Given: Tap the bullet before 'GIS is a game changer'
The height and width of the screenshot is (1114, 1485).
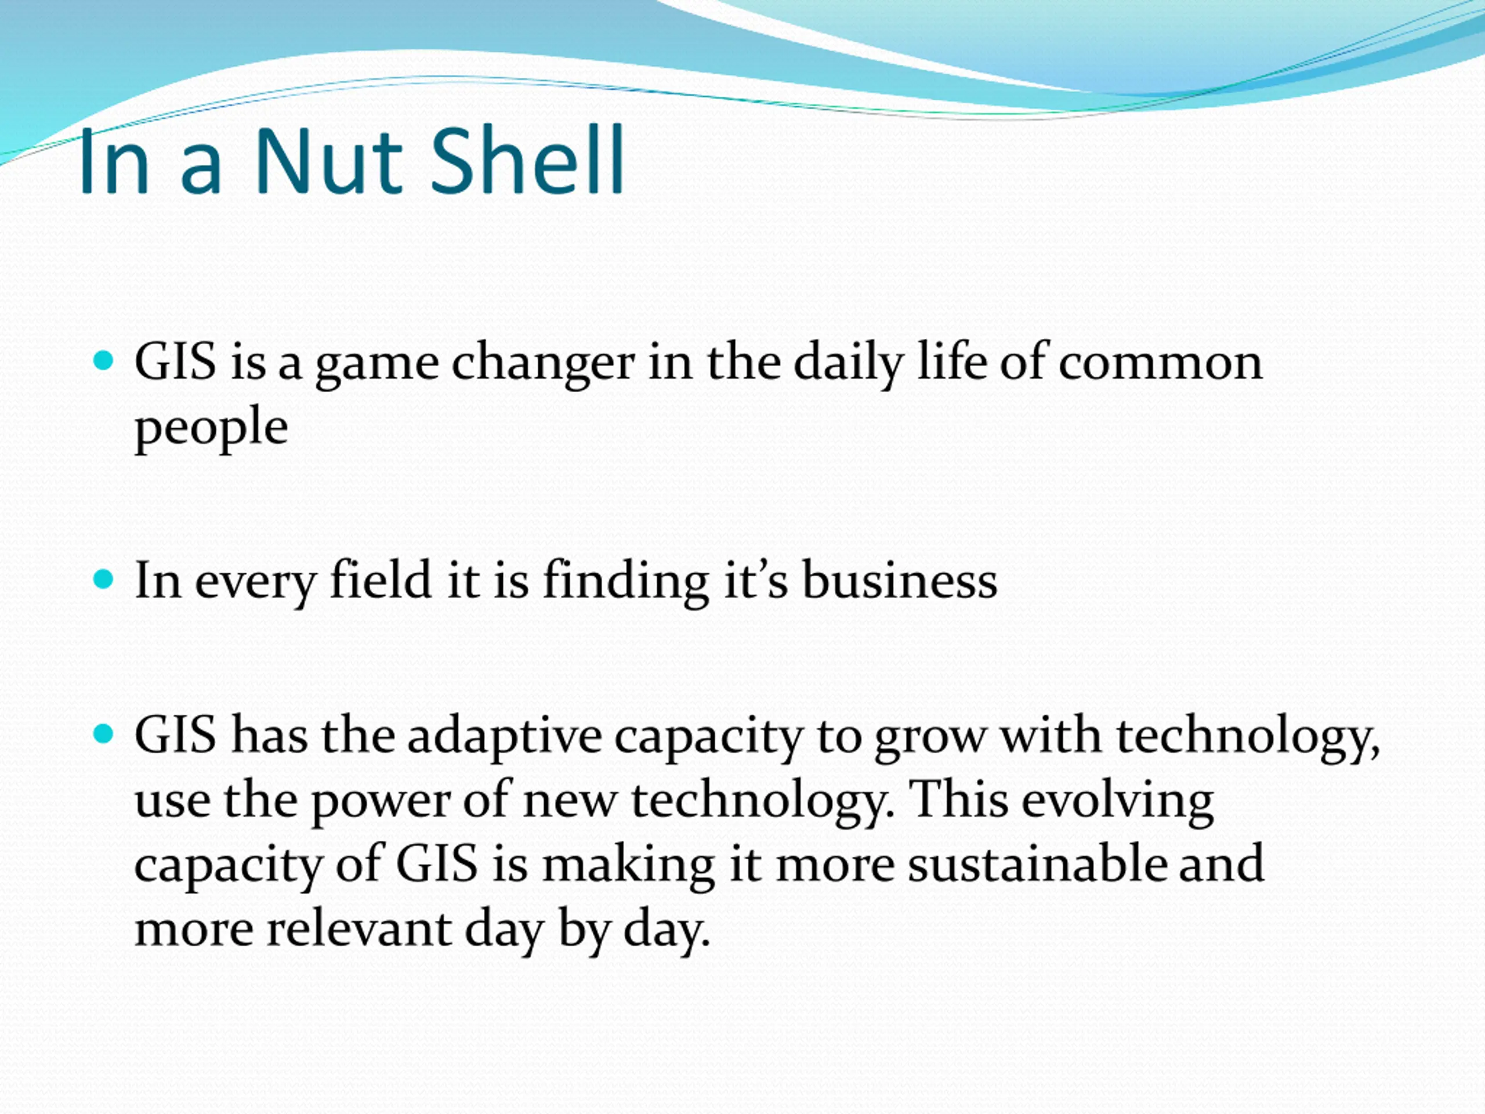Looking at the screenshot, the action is (x=103, y=360).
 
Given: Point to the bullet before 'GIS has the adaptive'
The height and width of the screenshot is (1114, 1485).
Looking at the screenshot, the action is (x=103, y=733).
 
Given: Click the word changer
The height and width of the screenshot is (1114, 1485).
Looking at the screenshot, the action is (x=542, y=364).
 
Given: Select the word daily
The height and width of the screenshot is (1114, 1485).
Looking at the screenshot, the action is (x=849, y=364).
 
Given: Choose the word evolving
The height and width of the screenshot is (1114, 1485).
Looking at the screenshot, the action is (x=1117, y=802).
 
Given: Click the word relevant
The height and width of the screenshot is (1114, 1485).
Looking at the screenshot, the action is (x=360, y=929).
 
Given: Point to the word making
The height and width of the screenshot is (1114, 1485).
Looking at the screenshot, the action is (x=628, y=867).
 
